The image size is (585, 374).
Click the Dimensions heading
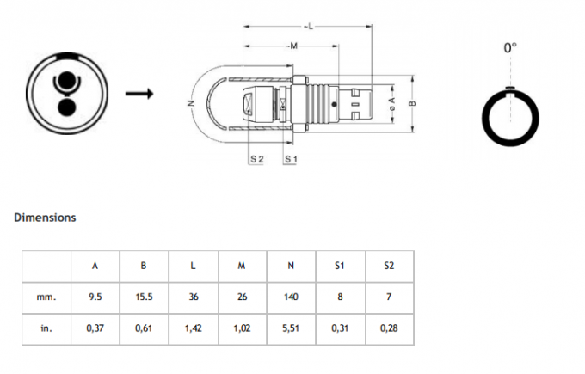click(x=45, y=218)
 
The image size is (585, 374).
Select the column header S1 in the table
click(x=340, y=266)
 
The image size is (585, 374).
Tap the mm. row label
click(x=46, y=297)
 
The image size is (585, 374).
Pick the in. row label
click(x=46, y=328)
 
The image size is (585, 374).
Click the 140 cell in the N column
click(x=291, y=297)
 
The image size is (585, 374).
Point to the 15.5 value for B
click(x=144, y=297)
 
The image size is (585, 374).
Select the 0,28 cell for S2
click(x=389, y=328)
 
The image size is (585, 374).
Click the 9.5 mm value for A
click(x=95, y=297)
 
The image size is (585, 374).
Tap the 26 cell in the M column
click(x=242, y=297)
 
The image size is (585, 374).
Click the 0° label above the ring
click(x=510, y=48)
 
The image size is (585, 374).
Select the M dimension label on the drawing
click(x=292, y=45)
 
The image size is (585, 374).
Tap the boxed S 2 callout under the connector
click(x=256, y=160)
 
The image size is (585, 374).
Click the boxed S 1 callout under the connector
click(x=290, y=160)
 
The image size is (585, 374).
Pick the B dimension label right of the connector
click(x=413, y=103)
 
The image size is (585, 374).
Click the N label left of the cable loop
click(x=190, y=103)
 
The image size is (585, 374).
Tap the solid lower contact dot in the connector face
click(x=65, y=107)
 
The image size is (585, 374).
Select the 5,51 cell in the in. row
click(x=291, y=328)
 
